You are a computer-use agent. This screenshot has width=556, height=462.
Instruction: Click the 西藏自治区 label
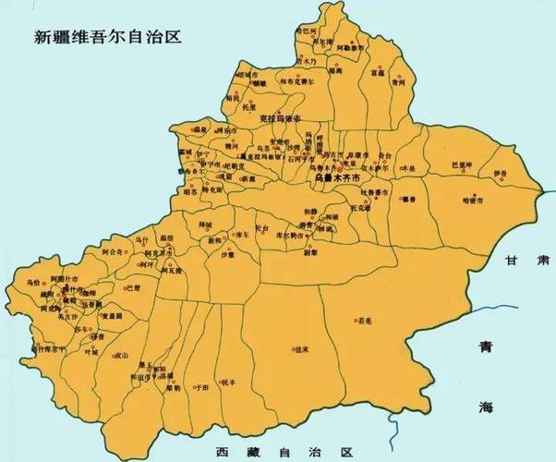click(x=283, y=453)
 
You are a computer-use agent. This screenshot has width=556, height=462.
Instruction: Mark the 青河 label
click(x=398, y=82)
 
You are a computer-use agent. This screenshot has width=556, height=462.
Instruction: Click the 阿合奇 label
click(x=113, y=251)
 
